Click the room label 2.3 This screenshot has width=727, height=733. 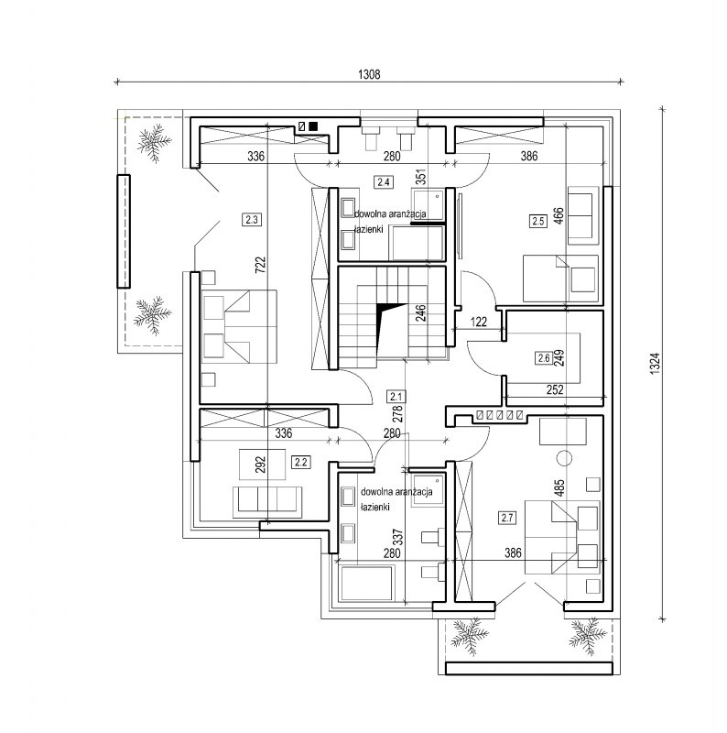[252, 219]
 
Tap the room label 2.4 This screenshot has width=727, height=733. [383, 181]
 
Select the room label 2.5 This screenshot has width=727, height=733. [538, 221]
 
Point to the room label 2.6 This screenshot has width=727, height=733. [543, 358]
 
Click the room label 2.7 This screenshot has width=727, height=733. [507, 518]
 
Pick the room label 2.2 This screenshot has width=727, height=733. [301, 463]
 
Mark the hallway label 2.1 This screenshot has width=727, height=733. [396, 397]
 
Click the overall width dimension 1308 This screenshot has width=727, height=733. [369, 74]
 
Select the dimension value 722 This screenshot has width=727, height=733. [261, 265]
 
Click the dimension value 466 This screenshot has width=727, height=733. [559, 216]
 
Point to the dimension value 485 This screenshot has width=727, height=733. [559, 487]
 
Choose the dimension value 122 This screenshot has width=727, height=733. [479, 322]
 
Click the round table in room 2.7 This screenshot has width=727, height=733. [565, 458]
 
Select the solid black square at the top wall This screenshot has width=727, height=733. [313, 126]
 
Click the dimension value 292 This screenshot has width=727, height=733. [261, 465]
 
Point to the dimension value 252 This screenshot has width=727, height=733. [555, 389]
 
